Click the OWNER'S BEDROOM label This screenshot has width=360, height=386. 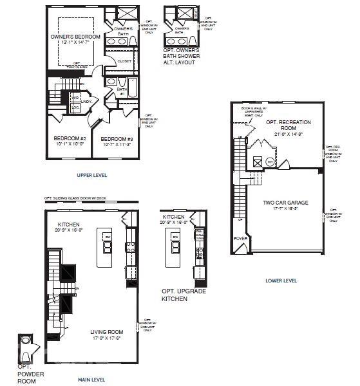[x=76, y=37]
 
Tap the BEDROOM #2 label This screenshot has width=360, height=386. [x=70, y=139]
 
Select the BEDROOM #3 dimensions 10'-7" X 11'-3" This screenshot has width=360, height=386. [x=117, y=145]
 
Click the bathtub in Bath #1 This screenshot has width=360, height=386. [x=133, y=87]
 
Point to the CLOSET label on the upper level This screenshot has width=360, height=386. [x=124, y=61]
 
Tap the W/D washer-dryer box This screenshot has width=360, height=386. [x=75, y=98]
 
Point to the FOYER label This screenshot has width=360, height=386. [x=241, y=237]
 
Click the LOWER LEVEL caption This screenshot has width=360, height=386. [x=281, y=280]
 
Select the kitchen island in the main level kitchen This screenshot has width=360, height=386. [x=104, y=247]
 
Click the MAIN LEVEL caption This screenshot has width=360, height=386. [x=91, y=380]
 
